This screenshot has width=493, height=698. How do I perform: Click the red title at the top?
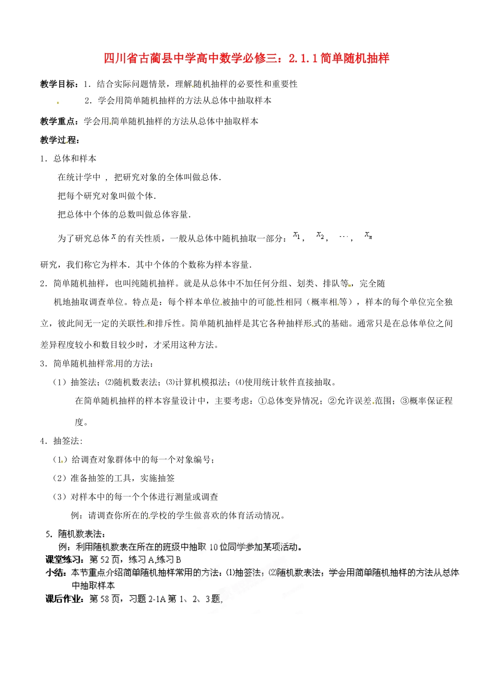tap(246, 58)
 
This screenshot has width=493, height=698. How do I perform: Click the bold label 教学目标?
tap(59, 84)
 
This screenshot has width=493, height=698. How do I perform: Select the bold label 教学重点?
tap(59, 122)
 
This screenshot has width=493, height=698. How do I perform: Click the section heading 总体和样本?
tap(75, 159)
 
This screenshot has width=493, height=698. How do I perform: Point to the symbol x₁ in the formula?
tap(297, 235)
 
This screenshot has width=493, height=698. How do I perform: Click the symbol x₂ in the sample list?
tap(321, 236)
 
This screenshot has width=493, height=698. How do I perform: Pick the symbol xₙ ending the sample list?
tap(368, 235)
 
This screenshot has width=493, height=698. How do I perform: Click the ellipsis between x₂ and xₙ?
tap(344, 236)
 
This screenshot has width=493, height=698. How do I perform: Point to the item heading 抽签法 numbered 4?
tap(66, 441)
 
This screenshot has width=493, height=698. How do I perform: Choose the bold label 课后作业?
tap(64, 599)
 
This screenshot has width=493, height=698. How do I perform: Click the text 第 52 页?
tap(106, 560)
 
